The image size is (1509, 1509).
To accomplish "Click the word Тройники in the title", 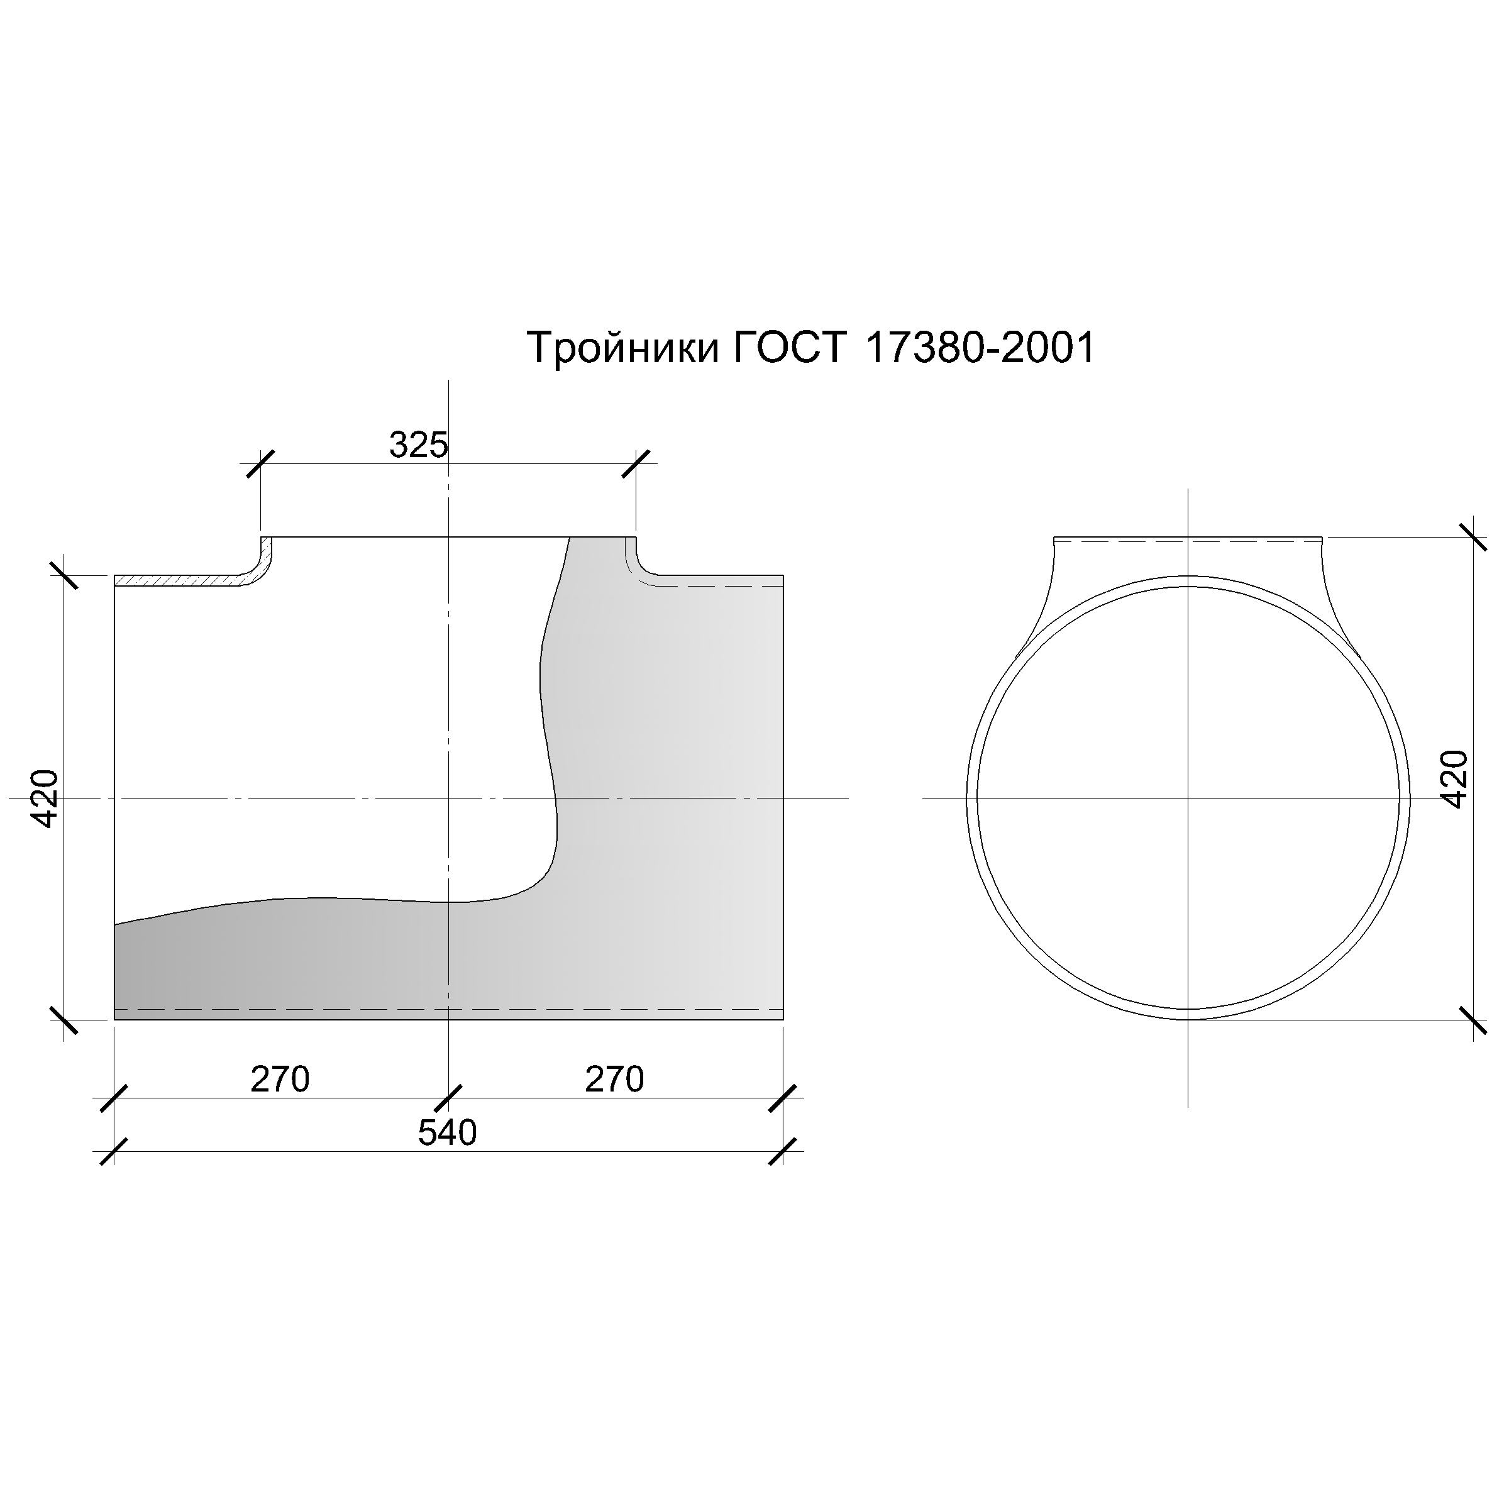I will [x=622, y=348].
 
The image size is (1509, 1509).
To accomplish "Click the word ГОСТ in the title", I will [x=790, y=348].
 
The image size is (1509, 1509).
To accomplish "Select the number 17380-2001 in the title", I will [x=980, y=348].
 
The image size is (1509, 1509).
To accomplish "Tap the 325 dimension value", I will [x=419, y=446].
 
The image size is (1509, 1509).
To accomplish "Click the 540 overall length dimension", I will [x=447, y=1133].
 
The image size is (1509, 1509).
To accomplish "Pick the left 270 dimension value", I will [x=280, y=1080].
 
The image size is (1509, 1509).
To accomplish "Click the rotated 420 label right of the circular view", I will [x=1454, y=779].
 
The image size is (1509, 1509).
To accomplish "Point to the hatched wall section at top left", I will [x=180, y=581].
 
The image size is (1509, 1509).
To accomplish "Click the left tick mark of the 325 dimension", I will [x=260, y=463].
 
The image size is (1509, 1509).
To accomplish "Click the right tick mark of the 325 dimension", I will [x=636, y=463].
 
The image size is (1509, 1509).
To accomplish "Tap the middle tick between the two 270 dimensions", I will [x=448, y=1098].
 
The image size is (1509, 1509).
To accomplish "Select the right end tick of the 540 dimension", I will [x=783, y=1151].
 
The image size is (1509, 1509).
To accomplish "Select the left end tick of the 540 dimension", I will [x=114, y=1151].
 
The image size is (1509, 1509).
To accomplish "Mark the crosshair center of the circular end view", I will [x=1188, y=799].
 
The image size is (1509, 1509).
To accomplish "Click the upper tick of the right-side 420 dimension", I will [x=1473, y=538].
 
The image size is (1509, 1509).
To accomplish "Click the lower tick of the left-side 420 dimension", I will [x=64, y=1020].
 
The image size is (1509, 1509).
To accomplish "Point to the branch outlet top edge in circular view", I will [x=1188, y=538].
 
